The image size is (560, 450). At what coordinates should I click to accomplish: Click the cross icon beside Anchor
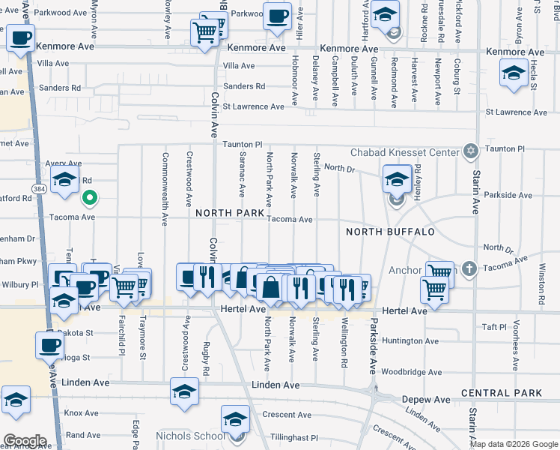(469, 268)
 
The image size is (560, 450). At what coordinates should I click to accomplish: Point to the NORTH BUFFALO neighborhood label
(390, 232)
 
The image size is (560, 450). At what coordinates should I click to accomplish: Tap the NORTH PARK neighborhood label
(231, 214)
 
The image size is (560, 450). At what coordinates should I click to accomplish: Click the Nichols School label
(188, 436)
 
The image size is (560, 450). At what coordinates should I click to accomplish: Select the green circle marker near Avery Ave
(89, 199)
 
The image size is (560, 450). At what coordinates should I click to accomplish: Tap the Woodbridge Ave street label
(411, 372)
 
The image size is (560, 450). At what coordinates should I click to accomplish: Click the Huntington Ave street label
(411, 340)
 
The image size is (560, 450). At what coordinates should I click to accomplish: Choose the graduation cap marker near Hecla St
(514, 74)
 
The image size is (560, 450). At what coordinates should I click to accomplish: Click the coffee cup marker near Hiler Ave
(277, 15)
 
